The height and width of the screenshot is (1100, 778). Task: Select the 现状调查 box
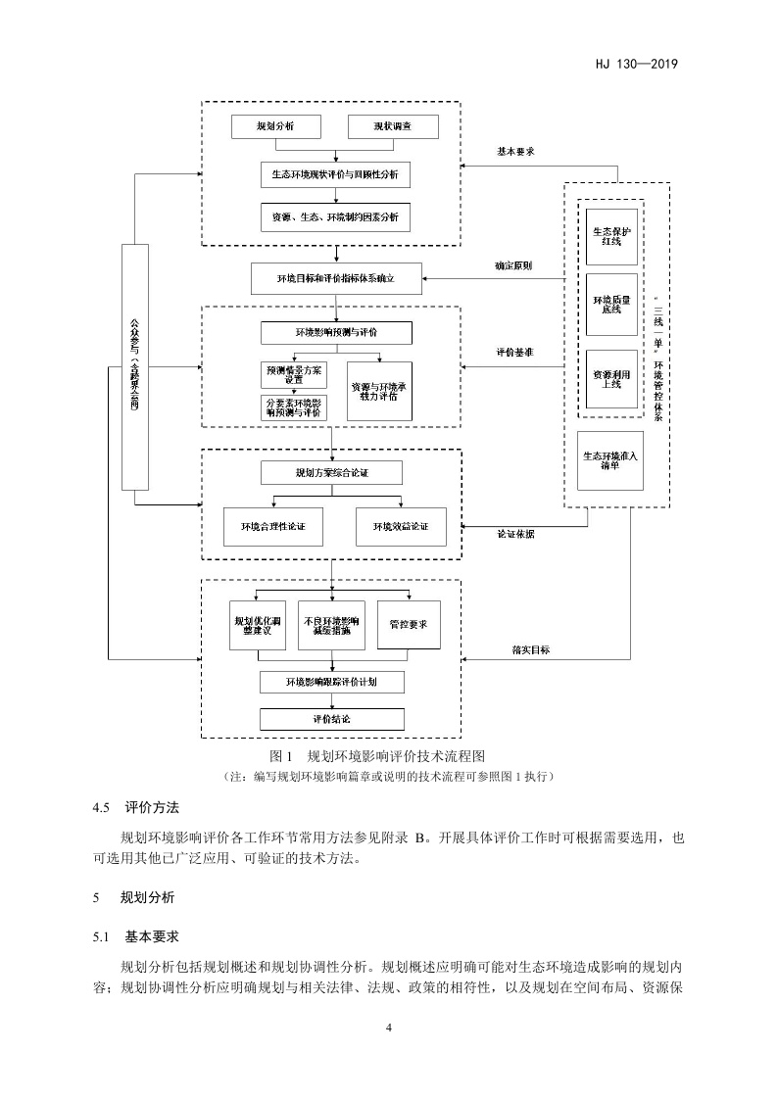click(x=392, y=127)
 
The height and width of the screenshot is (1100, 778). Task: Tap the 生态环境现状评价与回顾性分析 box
click(x=335, y=175)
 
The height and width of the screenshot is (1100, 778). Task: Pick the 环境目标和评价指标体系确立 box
click(x=335, y=278)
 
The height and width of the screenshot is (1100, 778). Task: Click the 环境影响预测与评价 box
click(x=336, y=333)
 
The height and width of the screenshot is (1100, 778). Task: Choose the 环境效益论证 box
click(x=401, y=527)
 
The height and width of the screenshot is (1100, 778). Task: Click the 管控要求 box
click(x=409, y=624)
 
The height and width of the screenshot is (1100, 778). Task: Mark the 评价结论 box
click(x=331, y=718)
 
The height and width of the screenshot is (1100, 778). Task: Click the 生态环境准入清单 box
click(x=610, y=460)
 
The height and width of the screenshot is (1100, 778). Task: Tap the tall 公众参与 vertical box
click(x=135, y=367)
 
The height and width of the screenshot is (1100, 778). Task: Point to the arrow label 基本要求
click(x=515, y=152)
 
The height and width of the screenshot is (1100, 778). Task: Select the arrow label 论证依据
click(x=515, y=535)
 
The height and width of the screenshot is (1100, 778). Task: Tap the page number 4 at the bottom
click(x=389, y=1028)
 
